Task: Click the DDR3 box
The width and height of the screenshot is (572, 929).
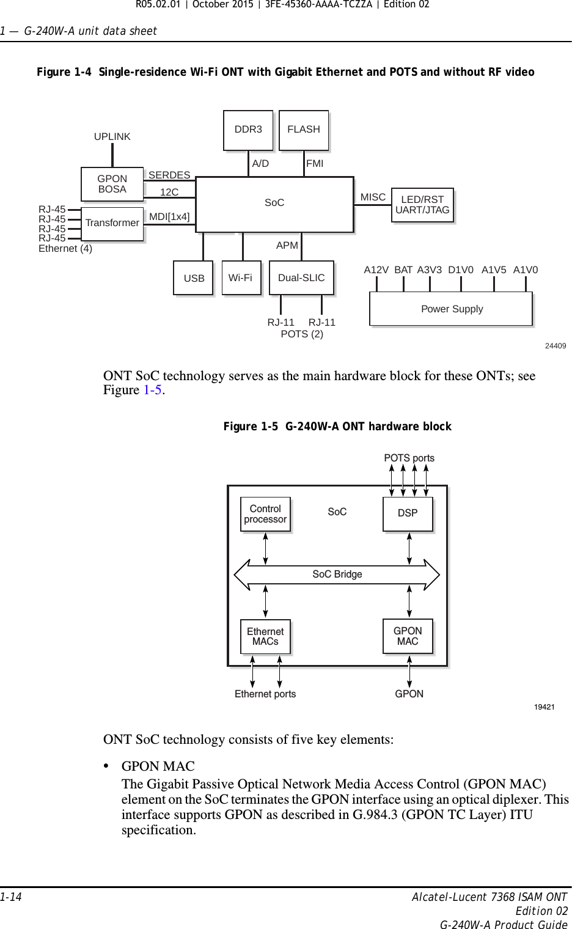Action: click(248, 130)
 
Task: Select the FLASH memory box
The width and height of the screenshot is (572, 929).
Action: click(304, 130)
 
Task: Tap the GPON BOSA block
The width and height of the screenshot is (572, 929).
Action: click(112, 184)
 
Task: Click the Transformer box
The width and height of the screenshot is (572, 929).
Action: click(112, 223)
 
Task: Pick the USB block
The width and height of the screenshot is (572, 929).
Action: click(194, 278)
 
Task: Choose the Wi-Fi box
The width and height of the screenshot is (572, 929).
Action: click(240, 278)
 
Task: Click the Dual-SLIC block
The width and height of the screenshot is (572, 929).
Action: click(301, 278)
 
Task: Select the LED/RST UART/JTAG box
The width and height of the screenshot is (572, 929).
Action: click(422, 205)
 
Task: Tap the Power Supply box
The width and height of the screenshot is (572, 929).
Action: click(451, 309)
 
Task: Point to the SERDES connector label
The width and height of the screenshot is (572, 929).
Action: click(169, 175)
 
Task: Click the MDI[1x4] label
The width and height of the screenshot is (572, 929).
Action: click(169, 216)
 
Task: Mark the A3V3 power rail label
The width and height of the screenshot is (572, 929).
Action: click(430, 270)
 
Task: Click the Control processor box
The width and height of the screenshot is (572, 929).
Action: click(265, 514)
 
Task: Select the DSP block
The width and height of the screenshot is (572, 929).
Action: click(408, 513)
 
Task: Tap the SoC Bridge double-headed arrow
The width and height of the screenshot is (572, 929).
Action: click(337, 575)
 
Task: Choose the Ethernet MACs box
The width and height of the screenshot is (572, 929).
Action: click(265, 637)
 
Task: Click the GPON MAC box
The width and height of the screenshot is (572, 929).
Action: click(408, 636)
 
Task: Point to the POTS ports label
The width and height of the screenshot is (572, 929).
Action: click(409, 458)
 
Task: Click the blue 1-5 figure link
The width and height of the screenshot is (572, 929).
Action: click(152, 390)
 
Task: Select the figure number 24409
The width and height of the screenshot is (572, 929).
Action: click(555, 346)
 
